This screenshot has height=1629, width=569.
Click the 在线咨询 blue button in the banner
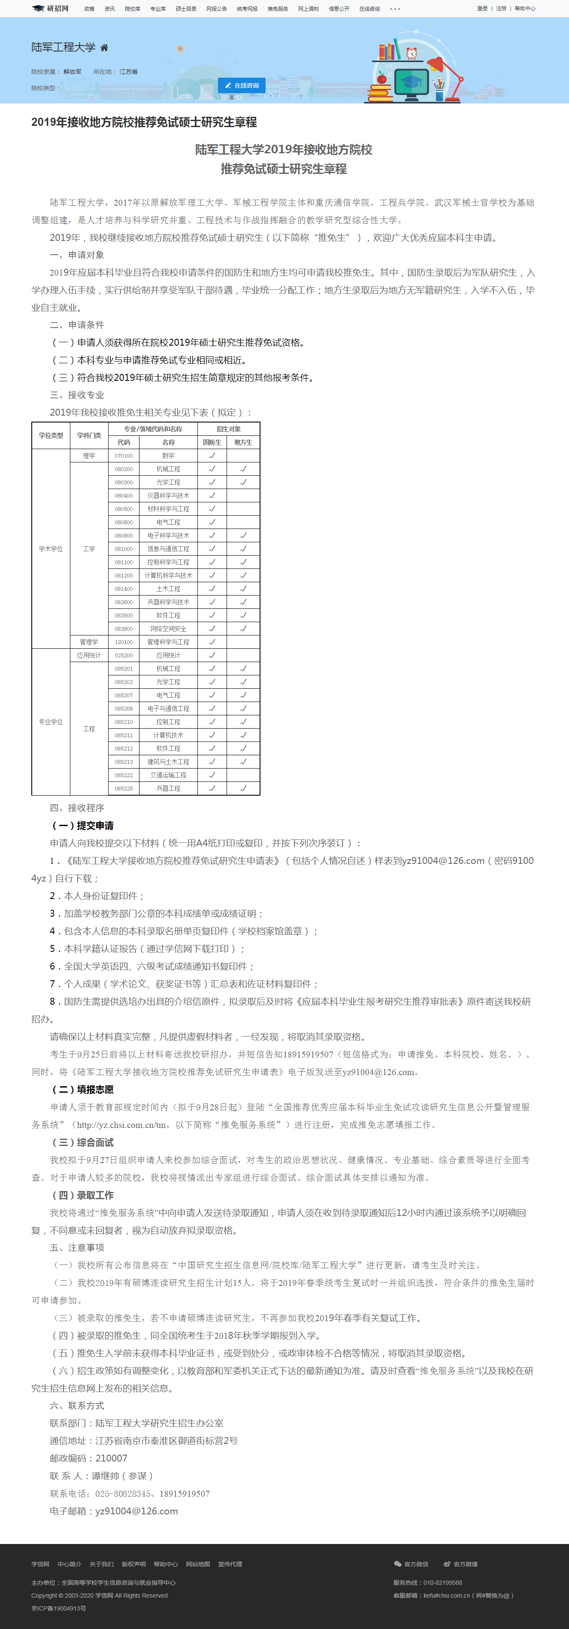click(x=242, y=85)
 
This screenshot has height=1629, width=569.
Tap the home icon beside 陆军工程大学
click(x=104, y=47)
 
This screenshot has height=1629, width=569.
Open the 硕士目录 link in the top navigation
click(x=186, y=9)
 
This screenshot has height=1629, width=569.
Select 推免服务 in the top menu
click(x=278, y=9)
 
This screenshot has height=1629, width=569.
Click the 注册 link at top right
click(x=501, y=9)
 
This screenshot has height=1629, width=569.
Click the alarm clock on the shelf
click(x=412, y=53)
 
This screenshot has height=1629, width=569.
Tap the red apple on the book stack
click(x=381, y=79)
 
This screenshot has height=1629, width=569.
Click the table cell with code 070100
click(x=124, y=455)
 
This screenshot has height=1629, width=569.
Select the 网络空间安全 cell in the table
click(x=168, y=629)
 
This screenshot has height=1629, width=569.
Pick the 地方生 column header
click(x=243, y=442)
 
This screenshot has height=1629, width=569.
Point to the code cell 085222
click(x=124, y=775)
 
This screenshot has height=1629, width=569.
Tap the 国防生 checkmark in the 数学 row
click(x=212, y=455)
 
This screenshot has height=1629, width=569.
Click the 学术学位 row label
click(x=51, y=549)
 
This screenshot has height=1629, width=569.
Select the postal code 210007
click(x=111, y=1458)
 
